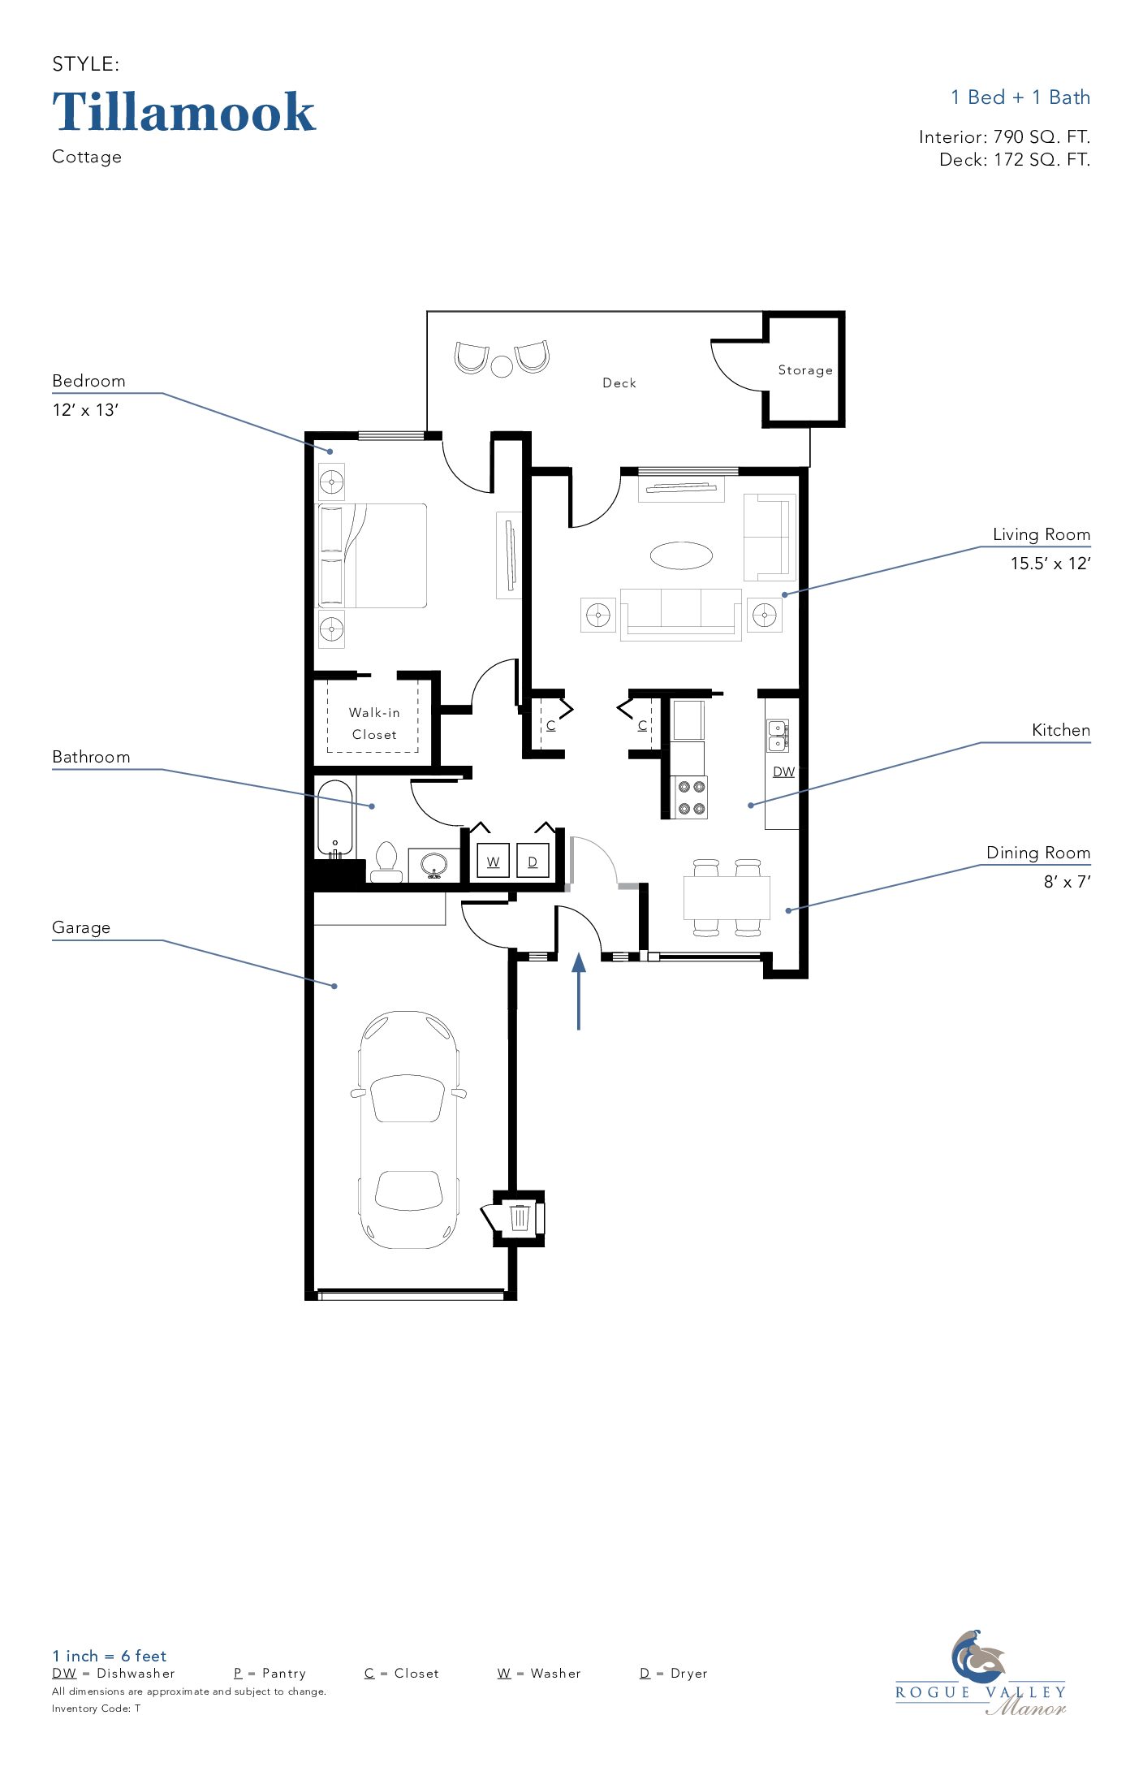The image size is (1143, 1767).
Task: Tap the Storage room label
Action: pyautogui.click(x=805, y=370)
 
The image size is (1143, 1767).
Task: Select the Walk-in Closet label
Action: pyautogui.click(x=374, y=724)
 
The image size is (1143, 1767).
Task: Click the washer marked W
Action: pyautogui.click(x=493, y=862)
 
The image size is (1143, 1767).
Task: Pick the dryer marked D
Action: pyautogui.click(x=533, y=862)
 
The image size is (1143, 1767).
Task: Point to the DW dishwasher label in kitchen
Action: pyautogui.click(x=783, y=771)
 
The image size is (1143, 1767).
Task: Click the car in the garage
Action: pyautogui.click(x=408, y=1130)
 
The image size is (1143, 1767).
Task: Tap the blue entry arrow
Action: pyautogui.click(x=579, y=992)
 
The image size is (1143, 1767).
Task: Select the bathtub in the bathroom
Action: pyautogui.click(x=335, y=819)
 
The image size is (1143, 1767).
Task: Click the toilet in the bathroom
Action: pyautogui.click(x=386, y=862)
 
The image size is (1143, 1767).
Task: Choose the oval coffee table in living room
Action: pyautogui.click(x=681, y=555)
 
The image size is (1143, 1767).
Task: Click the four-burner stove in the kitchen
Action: pyautogui.click(x=689, y=797)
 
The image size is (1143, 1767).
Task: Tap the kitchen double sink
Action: pyautogui.click(x=777, y=736)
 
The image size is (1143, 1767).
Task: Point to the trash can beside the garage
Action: pyautogui.click(x=520, y=1217)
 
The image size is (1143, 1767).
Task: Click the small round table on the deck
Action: pyautogui.click(x=502, y=367)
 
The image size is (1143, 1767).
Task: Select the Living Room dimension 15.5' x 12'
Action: pyautogui.click(x=1050, y=564)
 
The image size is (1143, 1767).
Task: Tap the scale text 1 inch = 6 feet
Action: pyautogui.click(x=109, y=1656)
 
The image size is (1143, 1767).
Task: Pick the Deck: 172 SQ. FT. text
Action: pyautogui.click(x=1015, y=160)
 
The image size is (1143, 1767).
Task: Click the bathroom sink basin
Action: pyautogui.click(x=433, y=864)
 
